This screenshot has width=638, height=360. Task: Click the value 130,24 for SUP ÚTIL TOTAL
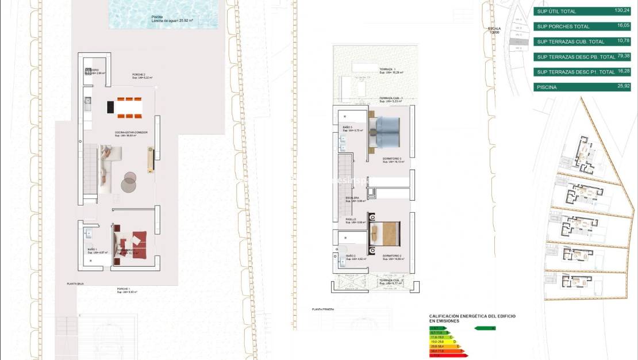(x=622, y=10)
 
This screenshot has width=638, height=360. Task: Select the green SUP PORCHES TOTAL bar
(x=582, y=26)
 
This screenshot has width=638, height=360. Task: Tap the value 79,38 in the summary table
(x=623, y=56)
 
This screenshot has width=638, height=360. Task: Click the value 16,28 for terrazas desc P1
(x=623, y=72)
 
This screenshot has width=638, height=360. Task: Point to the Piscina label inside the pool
(x=157, y=17)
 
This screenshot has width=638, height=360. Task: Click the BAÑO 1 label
(x=92, y=250)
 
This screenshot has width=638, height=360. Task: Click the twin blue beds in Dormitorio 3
(x=387, y=128)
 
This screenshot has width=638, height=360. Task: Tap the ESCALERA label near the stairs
(x=352, y=198)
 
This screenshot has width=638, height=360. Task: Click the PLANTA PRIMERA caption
(x=323, y=309)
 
